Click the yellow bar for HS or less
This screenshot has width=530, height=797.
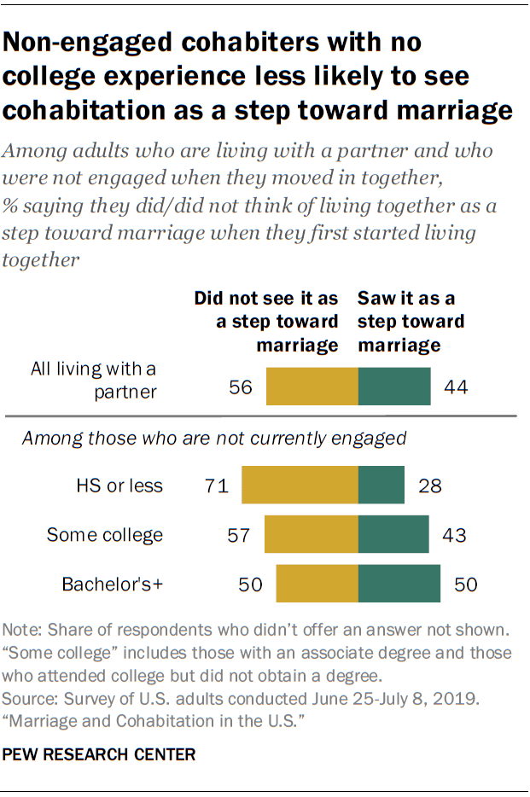click(300, 486)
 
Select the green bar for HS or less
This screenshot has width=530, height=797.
click(381, 486)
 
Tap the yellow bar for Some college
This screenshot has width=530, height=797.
click(312, 535)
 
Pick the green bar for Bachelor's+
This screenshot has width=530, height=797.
click(399, 585)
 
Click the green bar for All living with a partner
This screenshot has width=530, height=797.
click(394, 387)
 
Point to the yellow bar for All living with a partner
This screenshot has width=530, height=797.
click(312, 387)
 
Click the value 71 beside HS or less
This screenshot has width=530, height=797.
click(215, 486)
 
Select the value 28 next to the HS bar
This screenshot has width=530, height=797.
click(429, 486)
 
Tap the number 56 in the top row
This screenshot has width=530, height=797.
click(241, 387)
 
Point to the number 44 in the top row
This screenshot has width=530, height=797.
click(457, 387)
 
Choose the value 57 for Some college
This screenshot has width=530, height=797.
click(238, 536)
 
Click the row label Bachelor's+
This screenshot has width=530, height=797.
click(112, 585)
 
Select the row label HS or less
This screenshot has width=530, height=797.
click(119, 486)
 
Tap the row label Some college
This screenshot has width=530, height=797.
click(104, 536)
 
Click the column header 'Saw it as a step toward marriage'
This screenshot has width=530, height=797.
click(411, 322)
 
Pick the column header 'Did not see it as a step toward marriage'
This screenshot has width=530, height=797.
click(266, 322)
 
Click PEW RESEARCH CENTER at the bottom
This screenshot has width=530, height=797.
click(100, 755)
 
